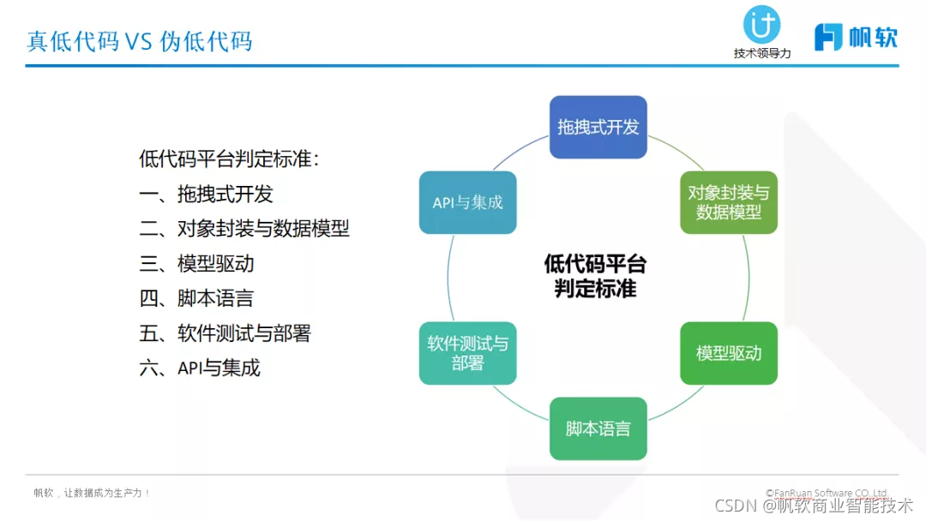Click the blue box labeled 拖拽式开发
coord(598,127)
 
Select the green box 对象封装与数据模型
coord(728,202)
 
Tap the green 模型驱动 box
coord(728,353)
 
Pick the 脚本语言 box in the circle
coord(598,428)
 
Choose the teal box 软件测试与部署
coord(467,353)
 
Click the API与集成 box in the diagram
coord(467,202)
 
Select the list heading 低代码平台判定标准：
coord(229,159)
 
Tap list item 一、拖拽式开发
coord(206,194)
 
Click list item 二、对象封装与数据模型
coord(244,229)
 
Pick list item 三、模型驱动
coord(196,263)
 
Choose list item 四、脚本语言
coord(196,298)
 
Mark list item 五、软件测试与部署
coord(225,333)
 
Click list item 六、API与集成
coord(200,368)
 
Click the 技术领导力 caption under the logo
coord(761,53)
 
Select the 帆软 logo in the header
coord(855,37)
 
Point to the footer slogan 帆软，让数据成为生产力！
coord(93,493)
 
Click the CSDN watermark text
coord(814,505)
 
